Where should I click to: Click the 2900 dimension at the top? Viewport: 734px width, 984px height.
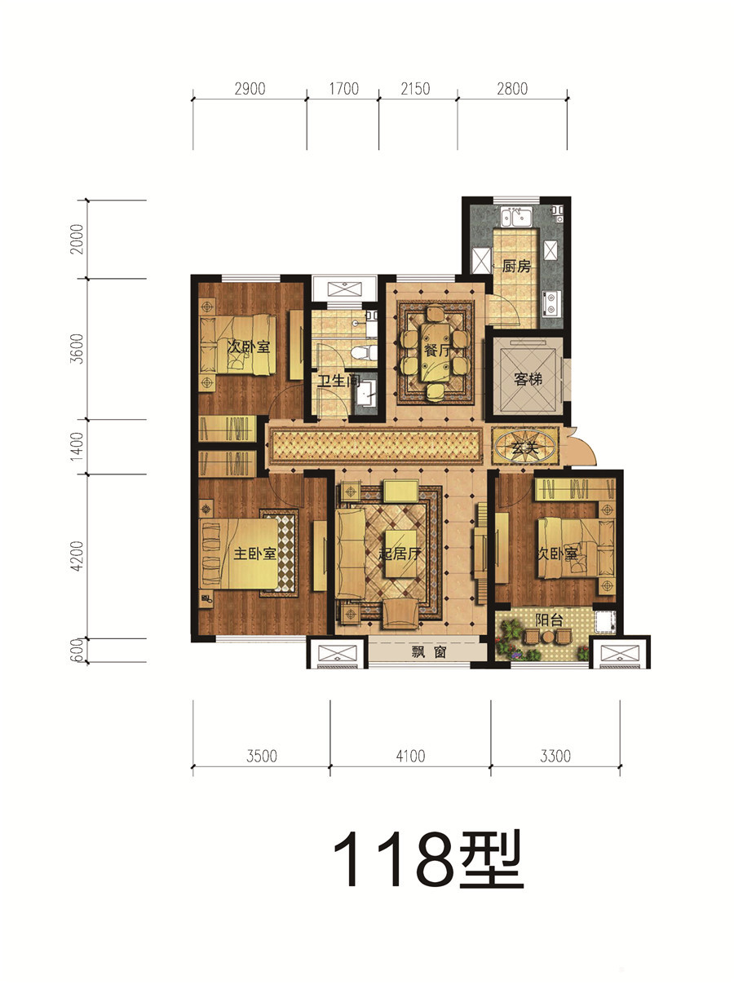[250, 89]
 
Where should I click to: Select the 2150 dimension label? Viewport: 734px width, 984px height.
[415, 89]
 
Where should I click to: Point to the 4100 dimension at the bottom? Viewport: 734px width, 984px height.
[410, 757]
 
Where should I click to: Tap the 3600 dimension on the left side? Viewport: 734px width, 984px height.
[77, 349]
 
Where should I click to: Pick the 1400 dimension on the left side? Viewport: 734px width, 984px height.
[77, 446]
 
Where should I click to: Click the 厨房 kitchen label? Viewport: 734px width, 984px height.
[516, 267]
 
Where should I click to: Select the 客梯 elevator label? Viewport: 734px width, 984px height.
[528, 379]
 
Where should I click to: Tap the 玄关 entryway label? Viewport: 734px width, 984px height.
[524, 448]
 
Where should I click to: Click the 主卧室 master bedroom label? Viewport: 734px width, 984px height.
[254, 554]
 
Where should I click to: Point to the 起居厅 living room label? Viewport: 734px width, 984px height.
[400, 554]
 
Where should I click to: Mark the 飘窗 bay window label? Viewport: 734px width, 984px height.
[429, 652]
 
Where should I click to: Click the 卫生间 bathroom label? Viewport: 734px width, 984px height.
[339, 381]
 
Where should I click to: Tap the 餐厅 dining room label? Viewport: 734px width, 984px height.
[437, 350]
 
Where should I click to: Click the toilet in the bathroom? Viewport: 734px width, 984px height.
[362, 353]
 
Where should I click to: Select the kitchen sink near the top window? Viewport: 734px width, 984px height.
[516, 217]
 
